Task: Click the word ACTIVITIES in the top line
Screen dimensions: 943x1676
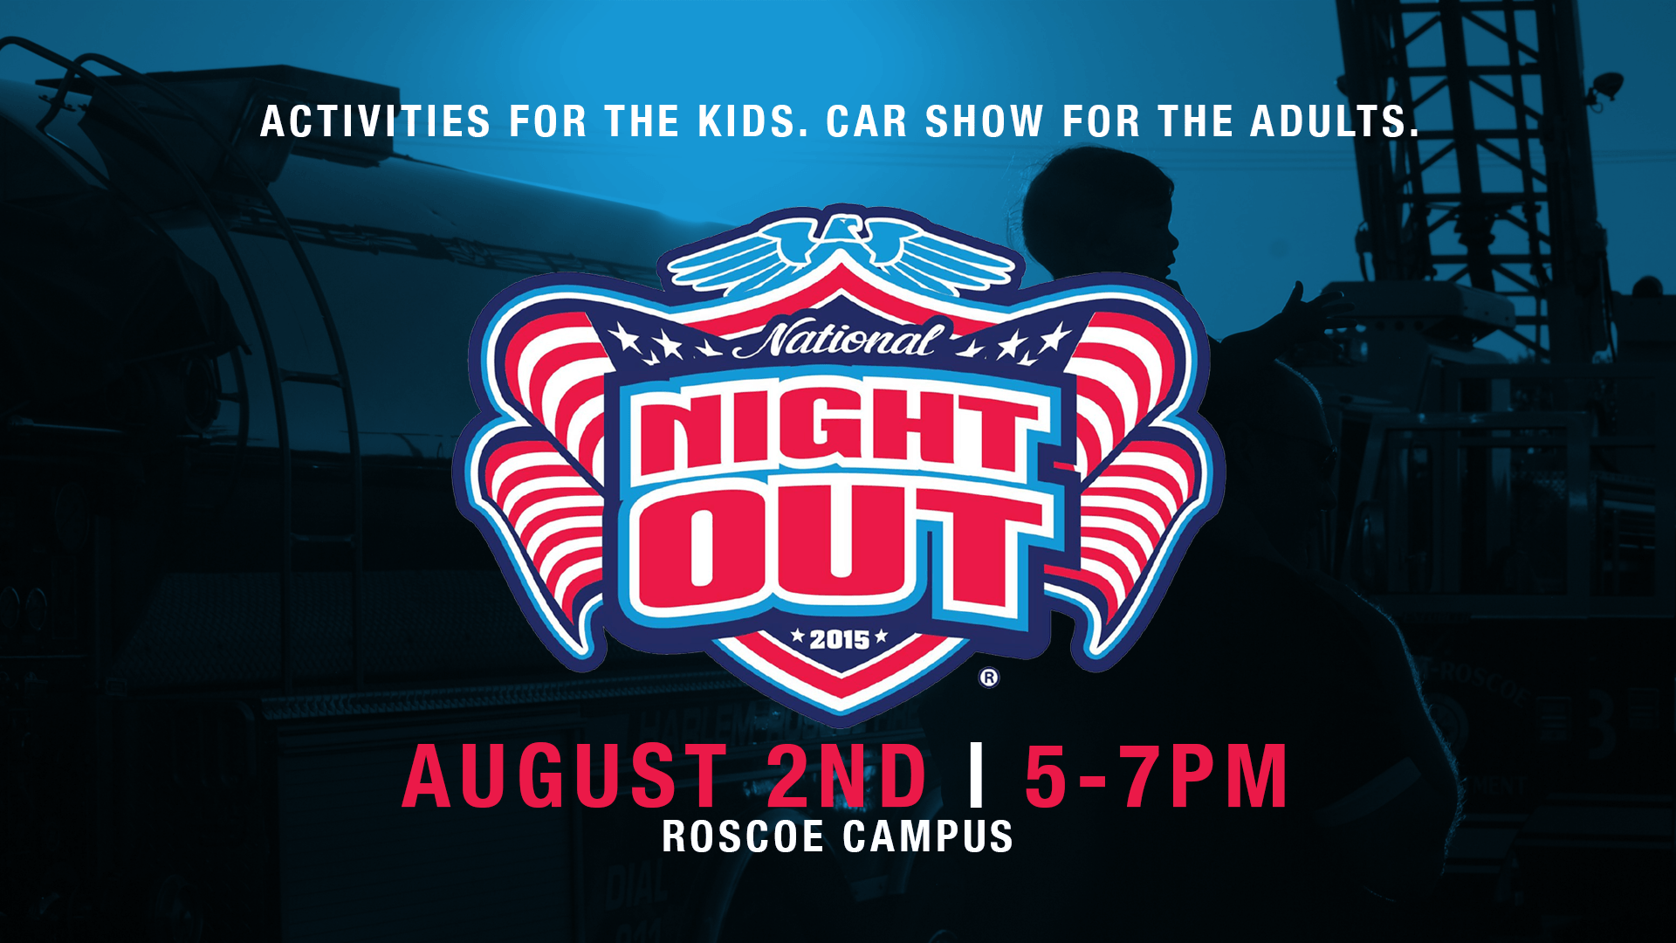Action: point(375,121)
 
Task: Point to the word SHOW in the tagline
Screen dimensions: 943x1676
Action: point(984,121)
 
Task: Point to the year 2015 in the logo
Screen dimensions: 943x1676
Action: point(839,640)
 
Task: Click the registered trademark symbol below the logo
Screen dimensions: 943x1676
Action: point(988,678)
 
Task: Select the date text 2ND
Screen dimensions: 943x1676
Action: point(846,776)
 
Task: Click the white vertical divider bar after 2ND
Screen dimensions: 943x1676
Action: point(977,775)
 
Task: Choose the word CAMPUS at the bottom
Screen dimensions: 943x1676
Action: point(928,836)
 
